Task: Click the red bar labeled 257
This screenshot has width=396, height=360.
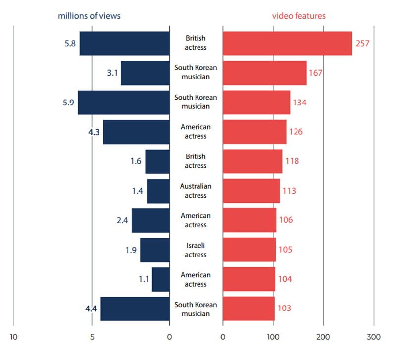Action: (287, 44)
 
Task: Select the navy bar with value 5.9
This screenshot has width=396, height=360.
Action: (124, 103)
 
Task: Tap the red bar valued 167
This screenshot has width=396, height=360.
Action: (264, 73)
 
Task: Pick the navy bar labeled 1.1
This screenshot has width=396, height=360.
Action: (161, 280)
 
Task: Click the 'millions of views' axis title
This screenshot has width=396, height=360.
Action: (89, 16)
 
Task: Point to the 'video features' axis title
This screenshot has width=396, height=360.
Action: (299, 16)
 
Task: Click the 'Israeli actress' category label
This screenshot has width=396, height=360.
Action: (196, 250)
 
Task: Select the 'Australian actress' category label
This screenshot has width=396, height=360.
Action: (196, 191)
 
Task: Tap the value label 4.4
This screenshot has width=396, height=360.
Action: (91, 309)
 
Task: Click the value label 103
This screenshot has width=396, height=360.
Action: (284, 309)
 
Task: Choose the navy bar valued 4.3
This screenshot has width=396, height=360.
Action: (136, 132)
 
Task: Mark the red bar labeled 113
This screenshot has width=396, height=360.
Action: (251, 191)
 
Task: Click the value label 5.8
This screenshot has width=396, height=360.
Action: (69, 44)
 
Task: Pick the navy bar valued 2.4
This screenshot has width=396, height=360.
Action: (150, 221)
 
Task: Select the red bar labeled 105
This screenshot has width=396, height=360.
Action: (249, 250)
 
